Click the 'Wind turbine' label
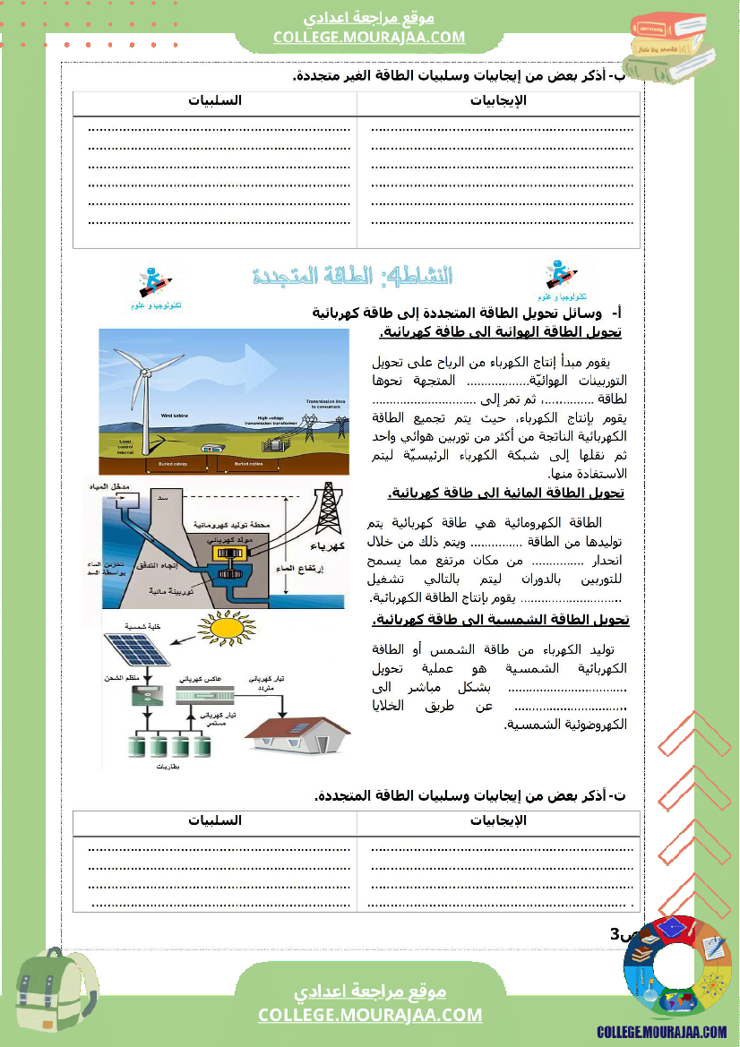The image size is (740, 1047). [175, 416]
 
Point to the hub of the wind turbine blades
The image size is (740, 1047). [145, 373]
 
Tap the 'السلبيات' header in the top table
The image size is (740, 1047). [215, 101]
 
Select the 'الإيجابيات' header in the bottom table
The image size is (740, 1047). [498, 820]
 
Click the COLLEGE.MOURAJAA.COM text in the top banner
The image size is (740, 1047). [369, 37]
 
